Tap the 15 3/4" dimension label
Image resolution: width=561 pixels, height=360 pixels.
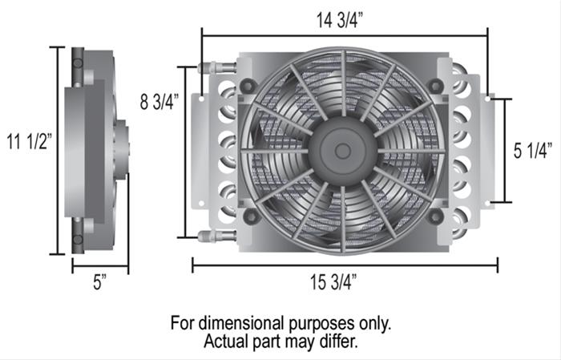point(333,282)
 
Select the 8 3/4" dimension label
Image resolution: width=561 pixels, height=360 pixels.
point(159,102)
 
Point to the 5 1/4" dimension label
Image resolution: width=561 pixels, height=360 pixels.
point(533,151)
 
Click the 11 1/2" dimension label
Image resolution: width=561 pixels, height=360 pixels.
point(30,141)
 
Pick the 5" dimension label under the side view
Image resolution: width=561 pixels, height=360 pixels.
point(100,282)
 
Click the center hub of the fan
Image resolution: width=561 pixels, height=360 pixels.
point(342,152)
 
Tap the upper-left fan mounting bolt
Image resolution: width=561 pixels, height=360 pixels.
point(248,86)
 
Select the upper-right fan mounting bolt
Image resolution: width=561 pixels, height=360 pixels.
point(436,86)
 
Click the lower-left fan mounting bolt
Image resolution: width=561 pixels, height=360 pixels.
point(251,216)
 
